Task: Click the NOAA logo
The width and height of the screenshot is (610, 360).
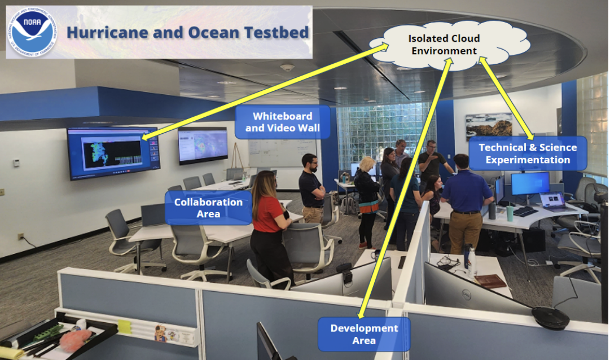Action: [32, 32]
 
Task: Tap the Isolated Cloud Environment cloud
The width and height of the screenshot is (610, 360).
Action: [445, 45]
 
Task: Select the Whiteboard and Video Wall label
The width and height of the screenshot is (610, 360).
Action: [282, 122]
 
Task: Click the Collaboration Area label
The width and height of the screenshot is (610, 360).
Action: [208, 208]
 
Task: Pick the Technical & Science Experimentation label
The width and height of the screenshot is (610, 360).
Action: [527, 153]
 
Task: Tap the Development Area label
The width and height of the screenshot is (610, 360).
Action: [363, 334]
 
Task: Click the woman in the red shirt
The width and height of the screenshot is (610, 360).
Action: [270, 226]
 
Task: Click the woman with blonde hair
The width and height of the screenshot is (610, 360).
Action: [367, 192]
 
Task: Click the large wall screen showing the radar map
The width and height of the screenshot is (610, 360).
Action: [113, 152]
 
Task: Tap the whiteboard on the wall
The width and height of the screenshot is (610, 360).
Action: [282, 152]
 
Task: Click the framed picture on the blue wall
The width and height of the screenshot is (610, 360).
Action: [489, 125]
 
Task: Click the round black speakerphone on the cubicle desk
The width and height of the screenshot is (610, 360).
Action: [550, 318]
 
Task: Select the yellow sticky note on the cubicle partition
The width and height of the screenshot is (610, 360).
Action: [124, 326]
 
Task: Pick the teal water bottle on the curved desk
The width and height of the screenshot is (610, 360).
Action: [510, 213]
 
